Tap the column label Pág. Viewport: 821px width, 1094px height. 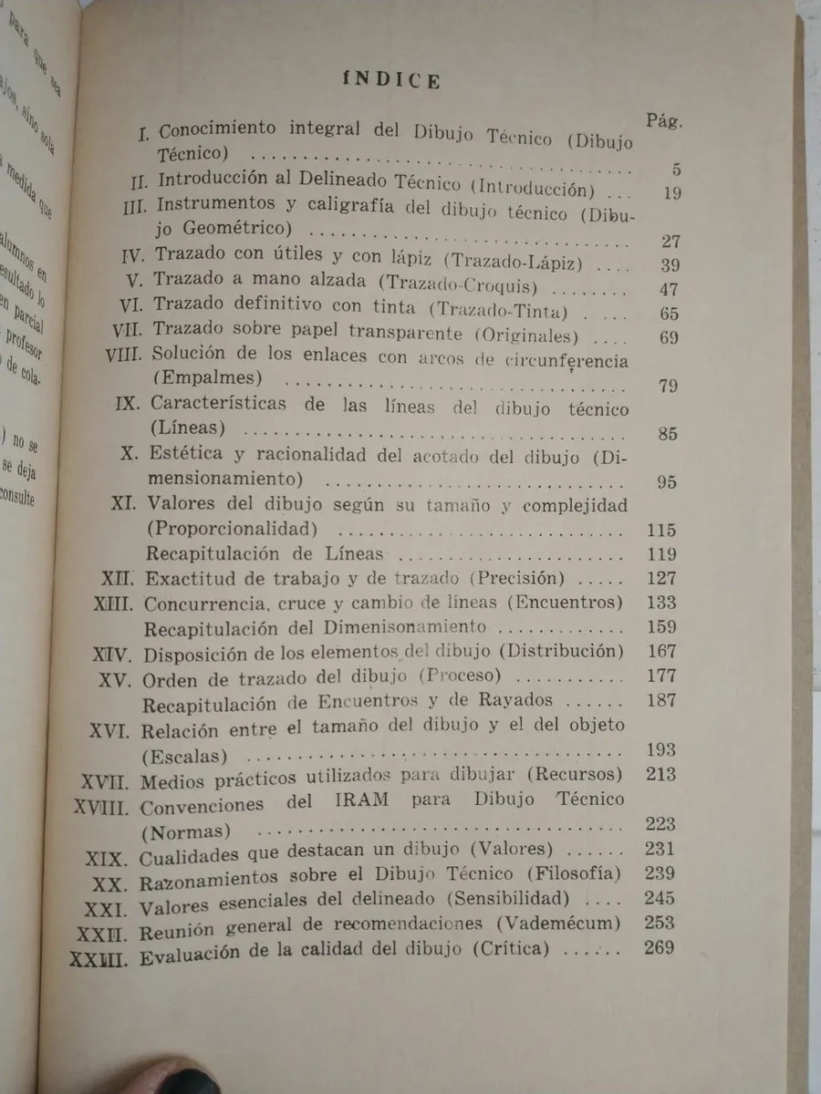point(665,120)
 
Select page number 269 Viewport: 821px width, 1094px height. point(658,948)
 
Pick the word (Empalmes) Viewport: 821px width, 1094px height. point(198,377)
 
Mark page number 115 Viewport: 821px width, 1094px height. point(658,530)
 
